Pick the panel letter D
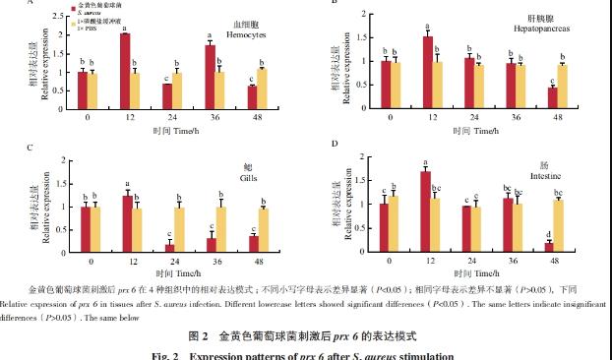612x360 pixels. pyautogui.click(x=335, y=145)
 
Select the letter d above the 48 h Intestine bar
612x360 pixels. pyautogui.click(x=546, y=233)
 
